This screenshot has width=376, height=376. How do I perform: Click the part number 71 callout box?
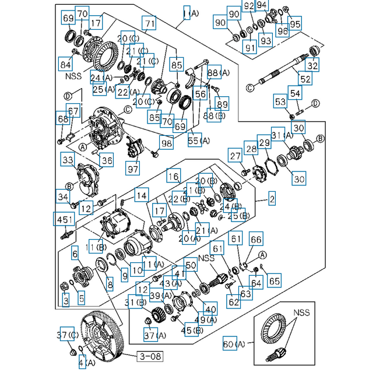point(150,24)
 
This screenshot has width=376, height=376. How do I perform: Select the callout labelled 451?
point(65,219)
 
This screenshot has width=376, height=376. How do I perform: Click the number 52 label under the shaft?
point(305,79)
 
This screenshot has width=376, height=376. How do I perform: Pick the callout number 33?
point(68,159)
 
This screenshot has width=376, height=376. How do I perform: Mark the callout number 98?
point(167,143)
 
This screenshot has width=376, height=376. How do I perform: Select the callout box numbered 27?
point(235,156)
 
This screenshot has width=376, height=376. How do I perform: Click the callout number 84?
point(65,64)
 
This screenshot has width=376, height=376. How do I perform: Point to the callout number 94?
point(262,6)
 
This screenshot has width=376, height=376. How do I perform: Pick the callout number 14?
point(141,194)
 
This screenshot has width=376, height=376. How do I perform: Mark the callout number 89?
point(222,104)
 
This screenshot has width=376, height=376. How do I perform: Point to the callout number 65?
point(274,280)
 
